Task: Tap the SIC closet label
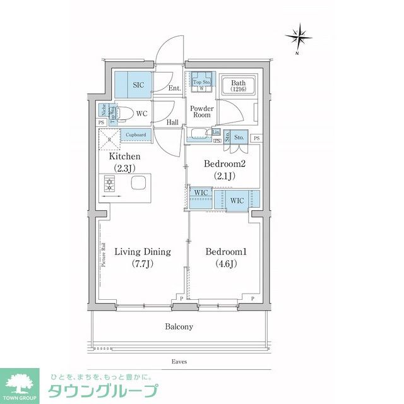[x=139, y=84]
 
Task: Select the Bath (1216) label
[x=238, y=86]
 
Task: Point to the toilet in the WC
[x=126, y=114]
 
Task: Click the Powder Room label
[x=202, y=112]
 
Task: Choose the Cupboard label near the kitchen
[x=136, y=134]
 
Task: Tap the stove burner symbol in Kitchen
[x=109, y=184]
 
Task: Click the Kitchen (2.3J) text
[x=124, y=162]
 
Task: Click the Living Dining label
[x=143, y=258]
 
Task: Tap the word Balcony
[x=179, y=327]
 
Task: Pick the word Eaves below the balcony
[x=179, y=362]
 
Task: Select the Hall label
[x=173, y=122]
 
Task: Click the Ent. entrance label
[x=174, y=89]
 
